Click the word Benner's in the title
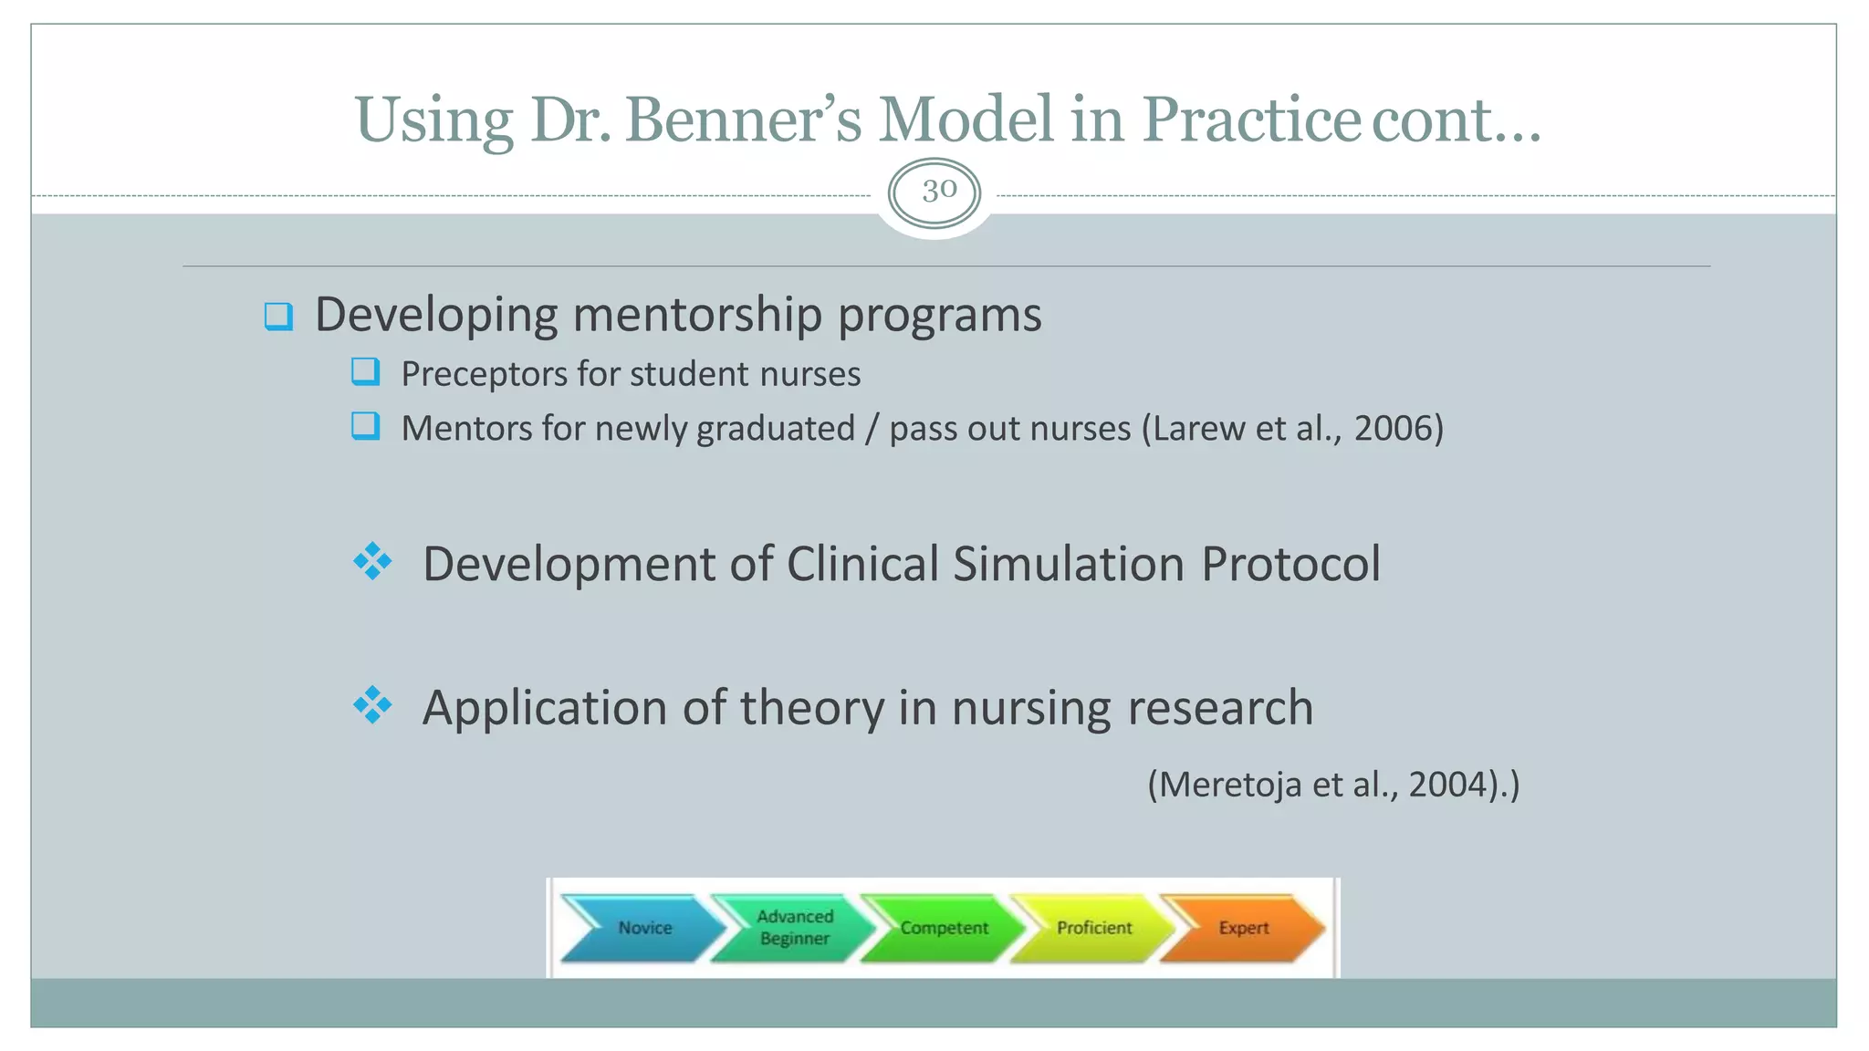[743, 120]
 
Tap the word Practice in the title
[1251, 120]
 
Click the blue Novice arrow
[643, 928]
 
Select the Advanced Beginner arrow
[793, 928]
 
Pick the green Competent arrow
[943, 928]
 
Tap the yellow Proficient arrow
[1092, 928]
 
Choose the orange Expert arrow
[1242, 928]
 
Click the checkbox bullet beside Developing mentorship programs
[278, 317]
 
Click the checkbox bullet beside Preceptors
[365, 372]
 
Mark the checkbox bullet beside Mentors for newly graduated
[365, 426]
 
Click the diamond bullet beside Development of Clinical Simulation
[372, 561]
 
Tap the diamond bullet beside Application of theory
[372, 705]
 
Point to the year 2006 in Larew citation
[1393, 428]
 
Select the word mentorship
[697, 315]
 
